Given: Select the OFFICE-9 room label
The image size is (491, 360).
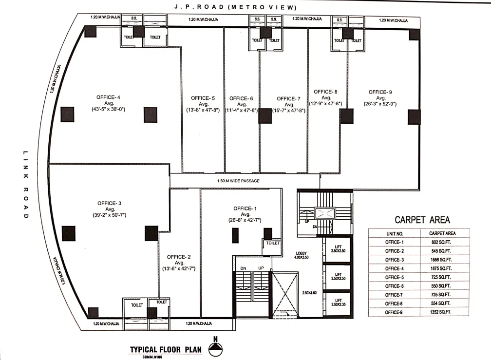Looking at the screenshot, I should click(380, 92).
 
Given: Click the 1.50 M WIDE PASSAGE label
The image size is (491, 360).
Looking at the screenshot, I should click(238, 181).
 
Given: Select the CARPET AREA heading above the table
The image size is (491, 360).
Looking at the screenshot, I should click(422, 220).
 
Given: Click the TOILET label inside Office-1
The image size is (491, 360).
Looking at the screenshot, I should click(273, 243).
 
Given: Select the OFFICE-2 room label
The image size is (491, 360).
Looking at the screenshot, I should click(178, 257).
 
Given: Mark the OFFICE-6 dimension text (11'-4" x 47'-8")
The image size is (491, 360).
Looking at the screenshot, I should click(242, 111).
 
